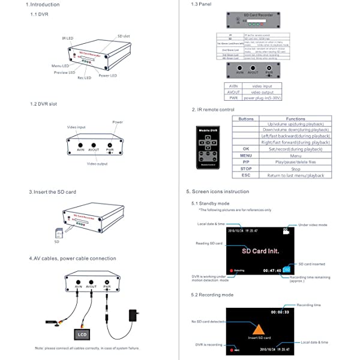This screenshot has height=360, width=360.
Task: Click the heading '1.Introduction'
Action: (43, 5)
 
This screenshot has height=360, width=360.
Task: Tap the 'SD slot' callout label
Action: (124, 36)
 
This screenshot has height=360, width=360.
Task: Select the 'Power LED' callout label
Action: (108, 76)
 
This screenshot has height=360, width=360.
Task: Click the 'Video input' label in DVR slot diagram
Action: (76, 128)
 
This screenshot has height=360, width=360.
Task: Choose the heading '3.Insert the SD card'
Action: (52, 192)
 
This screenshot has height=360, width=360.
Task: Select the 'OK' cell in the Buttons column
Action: (245, 148)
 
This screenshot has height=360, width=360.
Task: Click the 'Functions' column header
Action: (295, 119)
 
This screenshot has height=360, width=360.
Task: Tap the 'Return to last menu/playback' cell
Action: (295, 175)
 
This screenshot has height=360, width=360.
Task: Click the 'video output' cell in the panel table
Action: (262, 92)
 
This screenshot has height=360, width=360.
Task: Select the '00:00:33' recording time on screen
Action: (280, 312)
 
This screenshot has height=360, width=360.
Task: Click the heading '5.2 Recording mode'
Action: (212, 295)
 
